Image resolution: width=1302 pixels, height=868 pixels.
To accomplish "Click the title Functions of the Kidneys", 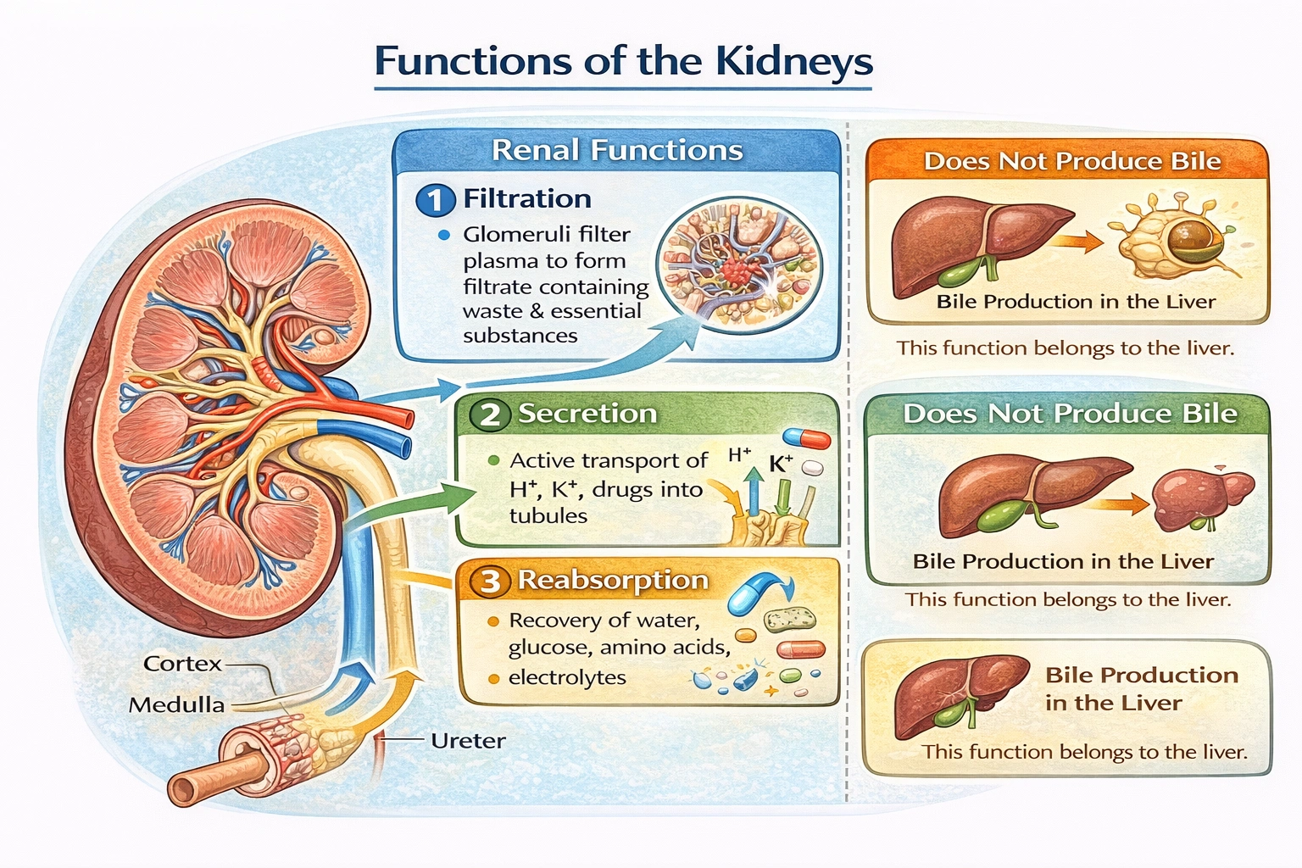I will pos(623,62).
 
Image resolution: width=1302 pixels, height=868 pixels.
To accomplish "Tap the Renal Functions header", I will pos(617,151).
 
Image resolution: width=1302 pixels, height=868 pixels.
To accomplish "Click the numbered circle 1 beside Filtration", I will pos(435,200).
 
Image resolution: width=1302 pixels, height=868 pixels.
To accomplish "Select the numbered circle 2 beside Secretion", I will pos(490,415).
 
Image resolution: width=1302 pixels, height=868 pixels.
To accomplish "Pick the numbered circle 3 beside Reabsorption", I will pos(490,581).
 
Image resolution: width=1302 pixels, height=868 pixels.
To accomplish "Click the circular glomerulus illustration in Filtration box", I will pos(739,262).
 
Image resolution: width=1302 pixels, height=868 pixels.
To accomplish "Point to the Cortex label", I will pos(182,664).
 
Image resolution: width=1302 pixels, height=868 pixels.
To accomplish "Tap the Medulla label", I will pos(176,705).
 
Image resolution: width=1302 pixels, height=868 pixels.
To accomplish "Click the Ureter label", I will pos(468,741).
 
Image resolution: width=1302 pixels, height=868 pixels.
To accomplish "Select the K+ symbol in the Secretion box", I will pos(780,464).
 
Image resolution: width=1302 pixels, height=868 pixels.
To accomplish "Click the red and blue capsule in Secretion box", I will pos(806,437).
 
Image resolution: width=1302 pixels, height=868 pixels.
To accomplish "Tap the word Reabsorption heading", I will pos(613,580).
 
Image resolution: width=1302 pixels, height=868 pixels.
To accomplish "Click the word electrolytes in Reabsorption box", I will pos(567,678).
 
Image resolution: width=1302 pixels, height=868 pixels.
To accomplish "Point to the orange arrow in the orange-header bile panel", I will pos(1079,242).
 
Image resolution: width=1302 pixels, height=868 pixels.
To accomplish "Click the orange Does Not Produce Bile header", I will pos(1071,161).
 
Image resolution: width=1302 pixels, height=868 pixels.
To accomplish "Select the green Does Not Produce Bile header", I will pos(1070,414).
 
